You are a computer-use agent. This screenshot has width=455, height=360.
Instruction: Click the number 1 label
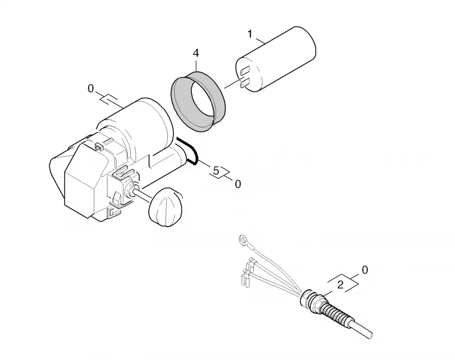tap(250, 34)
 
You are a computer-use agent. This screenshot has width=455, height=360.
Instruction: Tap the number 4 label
tap(196, 53)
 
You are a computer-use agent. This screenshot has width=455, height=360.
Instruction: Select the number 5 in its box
tap(216, 171)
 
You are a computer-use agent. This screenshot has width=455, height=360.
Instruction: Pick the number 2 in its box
tap(341, 284)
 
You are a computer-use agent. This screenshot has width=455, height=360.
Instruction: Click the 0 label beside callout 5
tap(238, 184)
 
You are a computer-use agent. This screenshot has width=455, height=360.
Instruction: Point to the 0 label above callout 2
tap(365, 270)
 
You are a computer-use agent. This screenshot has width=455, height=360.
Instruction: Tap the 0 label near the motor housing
tap(91, 89)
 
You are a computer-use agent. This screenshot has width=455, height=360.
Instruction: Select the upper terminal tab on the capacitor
tap(245, 71)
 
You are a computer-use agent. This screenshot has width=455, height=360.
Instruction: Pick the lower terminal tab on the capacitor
tap(245, 82)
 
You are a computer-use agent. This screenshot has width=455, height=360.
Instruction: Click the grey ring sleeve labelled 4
tap(198, 102)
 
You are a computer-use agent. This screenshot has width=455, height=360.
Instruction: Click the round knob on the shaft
tap(166, 206)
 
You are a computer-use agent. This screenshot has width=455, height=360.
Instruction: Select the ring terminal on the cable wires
tap(243, 239)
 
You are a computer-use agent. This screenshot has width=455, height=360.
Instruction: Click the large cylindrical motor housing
tap(136, 127)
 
